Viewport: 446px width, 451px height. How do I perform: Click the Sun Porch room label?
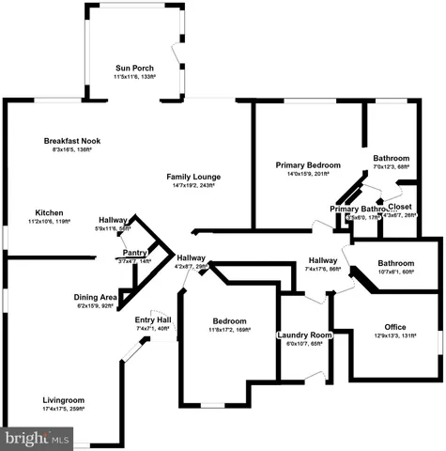(134, 68)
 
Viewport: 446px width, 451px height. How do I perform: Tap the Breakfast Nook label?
(71, 140)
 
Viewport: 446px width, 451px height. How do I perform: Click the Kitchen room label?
(50, 212)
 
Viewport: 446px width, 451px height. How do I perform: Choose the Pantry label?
(134, 253)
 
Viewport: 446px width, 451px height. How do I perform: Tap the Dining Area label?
(96, 297)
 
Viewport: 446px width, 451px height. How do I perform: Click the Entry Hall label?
(152, 319)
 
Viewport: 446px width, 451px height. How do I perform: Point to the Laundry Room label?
(304, 335)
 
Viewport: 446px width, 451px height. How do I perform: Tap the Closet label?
(399, 207)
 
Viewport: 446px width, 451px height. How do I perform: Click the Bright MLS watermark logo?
(38, 437)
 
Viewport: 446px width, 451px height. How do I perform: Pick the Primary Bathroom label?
(357, 209)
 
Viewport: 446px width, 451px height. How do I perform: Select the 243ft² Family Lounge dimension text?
(193, 185)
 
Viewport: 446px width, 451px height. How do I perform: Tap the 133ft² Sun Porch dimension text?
(134, 77)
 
